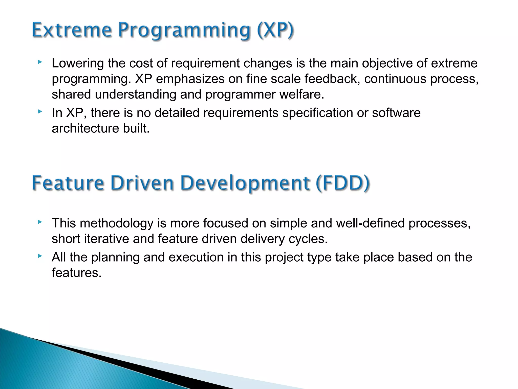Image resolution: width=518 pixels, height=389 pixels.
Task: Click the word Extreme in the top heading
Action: (x=72, y=30)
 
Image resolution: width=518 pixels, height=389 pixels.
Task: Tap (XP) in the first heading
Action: (x=275, y=30)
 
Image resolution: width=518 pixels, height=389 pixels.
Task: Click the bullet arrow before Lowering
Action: (x=40, y=62)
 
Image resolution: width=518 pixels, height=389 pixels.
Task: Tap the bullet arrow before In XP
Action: (x=40, y=111)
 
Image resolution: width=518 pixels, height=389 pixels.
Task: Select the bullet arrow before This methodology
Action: (x=40, y=222)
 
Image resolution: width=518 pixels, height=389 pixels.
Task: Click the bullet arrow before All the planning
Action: (x=40, y=256)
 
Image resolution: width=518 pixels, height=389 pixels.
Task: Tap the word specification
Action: (x=317, y=113)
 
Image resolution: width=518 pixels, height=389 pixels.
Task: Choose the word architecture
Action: (x=85, y=128)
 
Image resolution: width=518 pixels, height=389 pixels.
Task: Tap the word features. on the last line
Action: (x=76, y=273)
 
